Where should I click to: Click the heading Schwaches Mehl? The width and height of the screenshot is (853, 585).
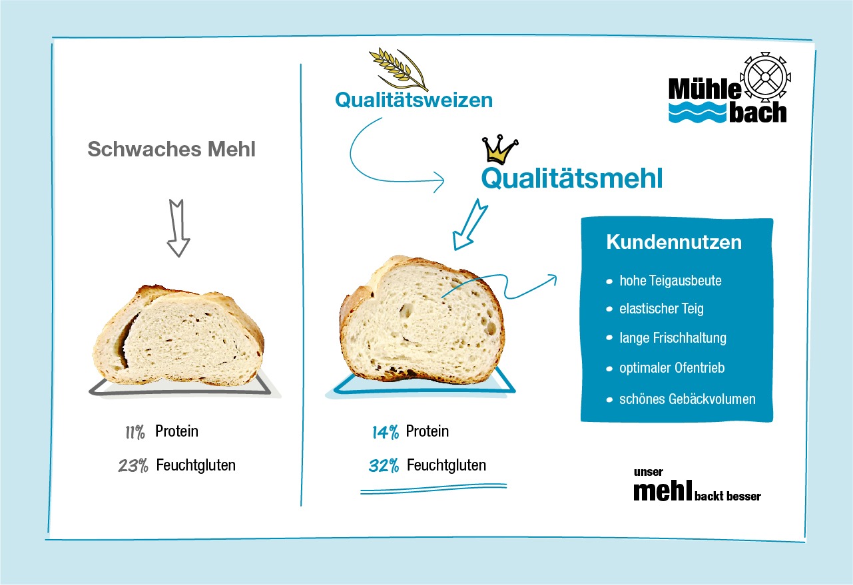pyautogui.click(x=171, y=149)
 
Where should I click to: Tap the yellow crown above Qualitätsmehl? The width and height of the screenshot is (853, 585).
pyautogui.click(x=499, y=150)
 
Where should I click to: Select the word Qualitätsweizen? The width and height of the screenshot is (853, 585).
pyautogui.click(x=414, y=100)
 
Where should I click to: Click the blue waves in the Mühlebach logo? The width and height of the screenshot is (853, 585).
pyautogui.click(x=697, y=112)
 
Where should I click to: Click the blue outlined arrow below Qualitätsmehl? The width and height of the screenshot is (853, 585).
pyautogui.click(x=469, y=223)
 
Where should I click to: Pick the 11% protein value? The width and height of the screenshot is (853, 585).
pyautogui.click(x=135, y=433)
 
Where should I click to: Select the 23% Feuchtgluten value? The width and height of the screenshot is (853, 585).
pyautogui.click(x=133, y=466)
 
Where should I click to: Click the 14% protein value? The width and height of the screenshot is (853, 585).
pyautogui.click(x=385, y=433)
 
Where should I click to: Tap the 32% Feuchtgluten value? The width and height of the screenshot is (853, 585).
pyautogui.click(x=384, y=466)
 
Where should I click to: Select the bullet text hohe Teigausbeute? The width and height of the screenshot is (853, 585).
pyautogui.click(x=670, y=281)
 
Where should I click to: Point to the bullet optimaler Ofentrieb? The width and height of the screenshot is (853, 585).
pyautogui.click(x=671, y=368)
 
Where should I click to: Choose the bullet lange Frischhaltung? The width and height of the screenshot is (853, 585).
pyautogui.click(x=673, y=338)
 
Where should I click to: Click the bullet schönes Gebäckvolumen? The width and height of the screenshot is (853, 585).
pyautogui.click(x=687, y=399)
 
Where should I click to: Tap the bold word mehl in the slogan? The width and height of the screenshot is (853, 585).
pyautogui.click(x=663, y=491)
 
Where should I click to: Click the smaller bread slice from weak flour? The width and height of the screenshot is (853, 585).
pyautogui.click(x=178, y=336)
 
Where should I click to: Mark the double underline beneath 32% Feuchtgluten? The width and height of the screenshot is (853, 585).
pyautogui.click(x=433, y=490)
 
